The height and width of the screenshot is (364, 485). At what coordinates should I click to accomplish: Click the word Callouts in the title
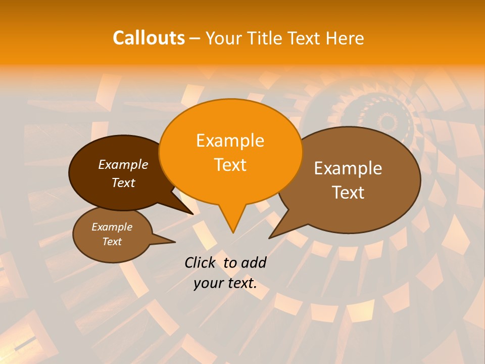pyautogui.click(x=149, y=38)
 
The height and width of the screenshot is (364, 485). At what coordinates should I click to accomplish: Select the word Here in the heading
pyautogui.click(x=345, y=38)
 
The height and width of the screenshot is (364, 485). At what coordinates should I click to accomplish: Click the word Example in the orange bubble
pyautogui.click(x=230, y=141)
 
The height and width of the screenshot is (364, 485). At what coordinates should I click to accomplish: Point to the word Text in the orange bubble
pyautogui.click(x=230, y=165)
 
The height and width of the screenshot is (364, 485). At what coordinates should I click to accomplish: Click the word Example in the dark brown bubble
pyautogui.click(x=123, y=164)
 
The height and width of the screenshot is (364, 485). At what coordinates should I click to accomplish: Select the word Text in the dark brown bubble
pyautogui.click(x=123, y=183)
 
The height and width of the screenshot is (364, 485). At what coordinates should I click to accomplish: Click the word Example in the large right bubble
pyautogui.click(x=348, y=168)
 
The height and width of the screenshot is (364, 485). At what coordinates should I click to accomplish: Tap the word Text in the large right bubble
pyautogui.click(x=348, y=193)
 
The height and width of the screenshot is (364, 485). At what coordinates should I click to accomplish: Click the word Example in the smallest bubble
pyautogui.click(x=112, y=227)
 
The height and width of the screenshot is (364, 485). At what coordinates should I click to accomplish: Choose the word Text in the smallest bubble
pyautogui.click(x=112, y=242)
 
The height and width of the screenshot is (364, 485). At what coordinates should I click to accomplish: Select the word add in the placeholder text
pyautogui.click(x=254, y=262)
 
